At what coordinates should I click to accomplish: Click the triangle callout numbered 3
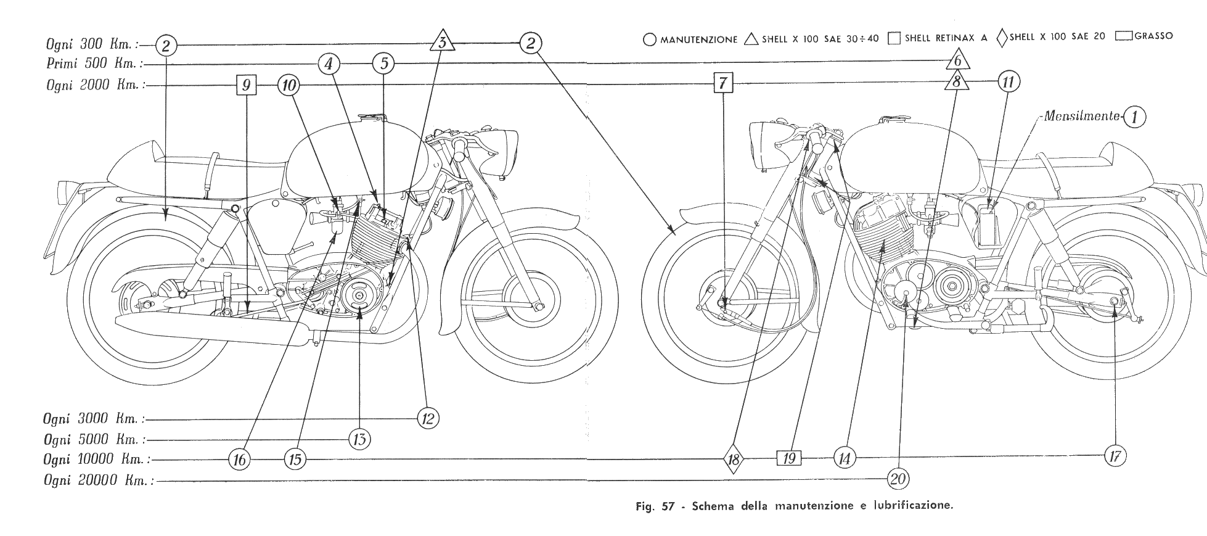(442, 43)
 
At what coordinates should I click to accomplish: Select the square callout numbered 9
(246, 85)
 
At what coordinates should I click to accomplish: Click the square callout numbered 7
(723, 82)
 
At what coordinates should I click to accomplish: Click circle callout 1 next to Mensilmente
(1134, 117)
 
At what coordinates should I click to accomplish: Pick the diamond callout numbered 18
(733, 459)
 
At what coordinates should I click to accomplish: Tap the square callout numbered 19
(789, 458)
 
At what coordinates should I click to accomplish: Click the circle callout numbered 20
(898, 478)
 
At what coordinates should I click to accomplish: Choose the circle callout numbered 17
(1115, 456)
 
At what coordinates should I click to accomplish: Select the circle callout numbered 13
(360, 440)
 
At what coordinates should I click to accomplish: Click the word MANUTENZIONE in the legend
(698, 39)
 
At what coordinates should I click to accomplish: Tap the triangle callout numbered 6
(957, 61)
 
